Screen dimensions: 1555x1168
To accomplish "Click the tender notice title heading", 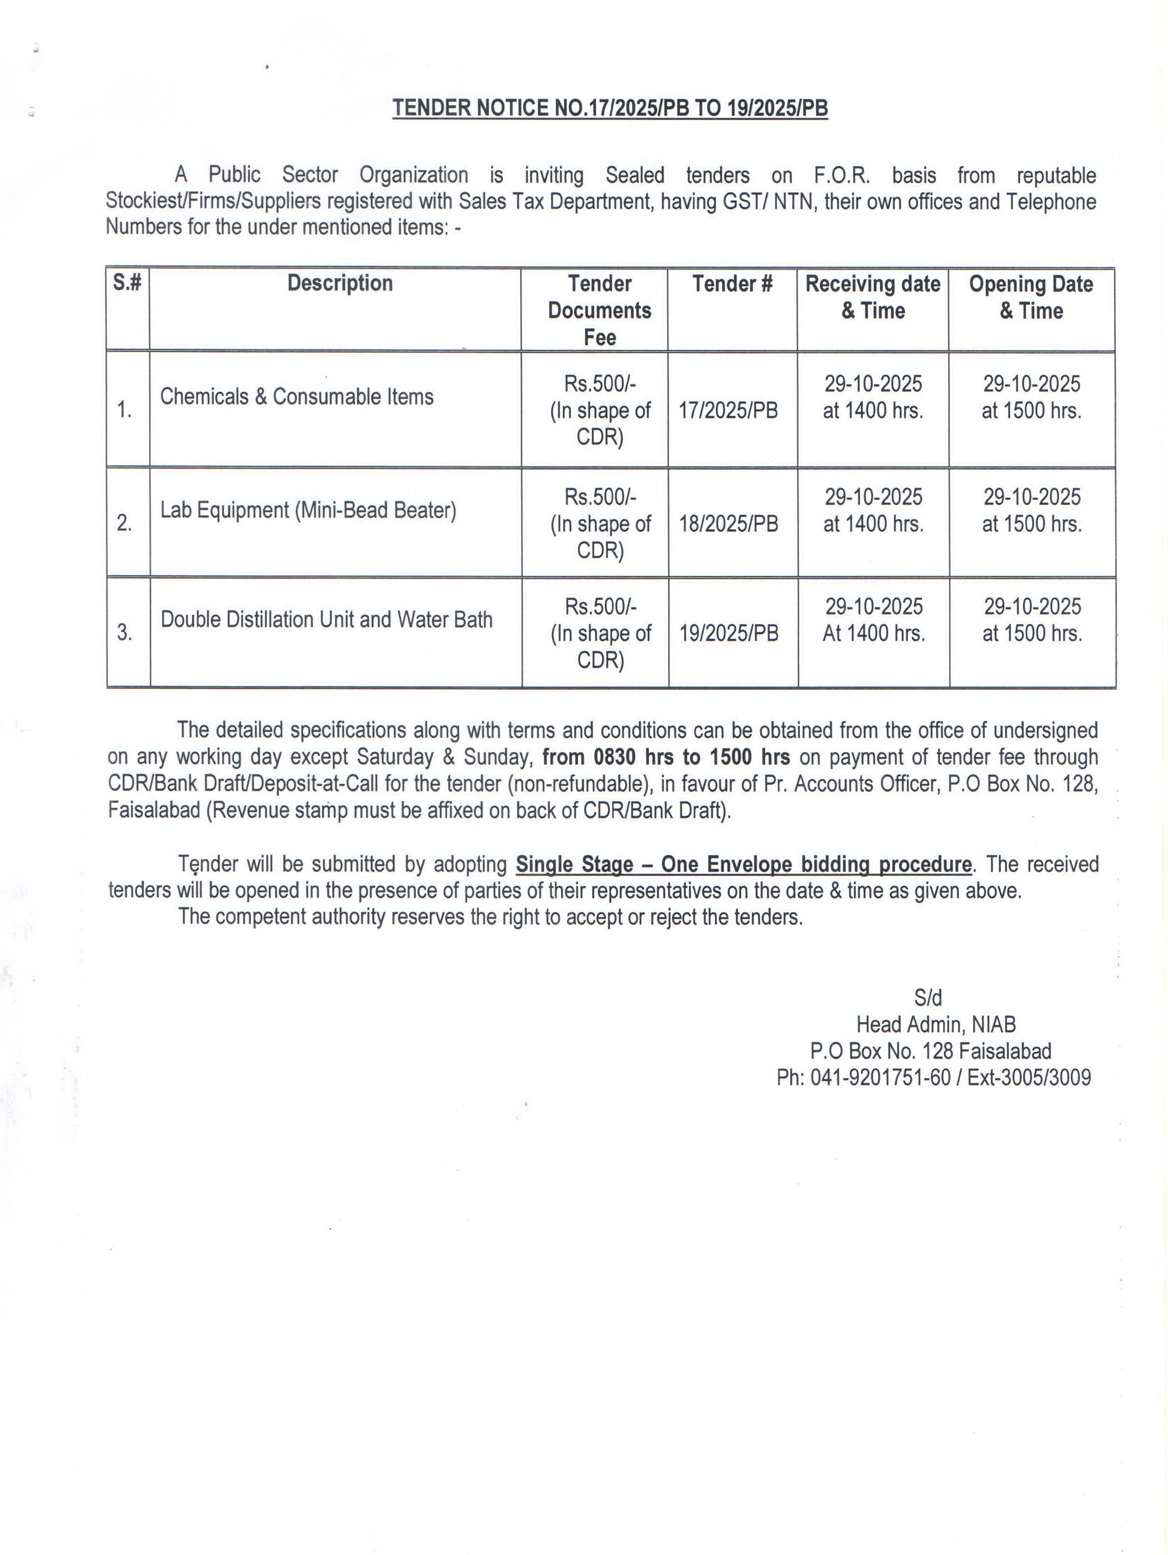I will point(609,108).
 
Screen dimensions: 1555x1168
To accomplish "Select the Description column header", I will point(340,283).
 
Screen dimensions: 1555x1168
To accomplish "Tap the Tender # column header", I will point(732,283).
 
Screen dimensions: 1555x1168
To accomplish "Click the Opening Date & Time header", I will point(1030,297).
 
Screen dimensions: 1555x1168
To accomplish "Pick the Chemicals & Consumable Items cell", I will point(296,396).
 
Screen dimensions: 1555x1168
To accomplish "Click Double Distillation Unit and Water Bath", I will point(326,619).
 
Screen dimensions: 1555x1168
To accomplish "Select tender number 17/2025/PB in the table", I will point(728,410).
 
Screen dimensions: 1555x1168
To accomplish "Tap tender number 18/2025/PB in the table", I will point(728,524).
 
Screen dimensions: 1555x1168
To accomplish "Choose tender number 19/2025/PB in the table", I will point(729,633).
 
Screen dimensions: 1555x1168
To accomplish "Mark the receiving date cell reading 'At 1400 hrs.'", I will point(874,633).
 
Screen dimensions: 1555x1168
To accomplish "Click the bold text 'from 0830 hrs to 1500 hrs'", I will point(665,757).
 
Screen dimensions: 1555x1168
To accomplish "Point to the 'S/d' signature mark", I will point(927,997).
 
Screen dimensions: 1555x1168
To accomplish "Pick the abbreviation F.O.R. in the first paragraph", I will point(841,175).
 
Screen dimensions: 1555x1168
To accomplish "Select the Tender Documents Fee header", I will point(599,310).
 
